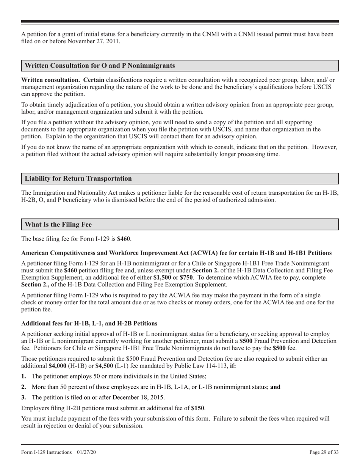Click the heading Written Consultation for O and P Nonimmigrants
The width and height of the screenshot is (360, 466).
coord(100,66)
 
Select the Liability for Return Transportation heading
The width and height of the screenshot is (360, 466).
coord(78,178)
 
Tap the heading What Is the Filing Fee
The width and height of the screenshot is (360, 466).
coord(58,224)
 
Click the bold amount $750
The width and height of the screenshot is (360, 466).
coord(186,277)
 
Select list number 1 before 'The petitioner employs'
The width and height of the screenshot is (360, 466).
coord(24,376)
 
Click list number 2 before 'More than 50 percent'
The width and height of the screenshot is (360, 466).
coord(24,387)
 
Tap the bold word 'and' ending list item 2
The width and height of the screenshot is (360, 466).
coord(275,387)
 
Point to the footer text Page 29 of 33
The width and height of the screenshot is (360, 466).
coord(324,452)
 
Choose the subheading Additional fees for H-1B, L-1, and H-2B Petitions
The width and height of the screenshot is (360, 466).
coord(89,323)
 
